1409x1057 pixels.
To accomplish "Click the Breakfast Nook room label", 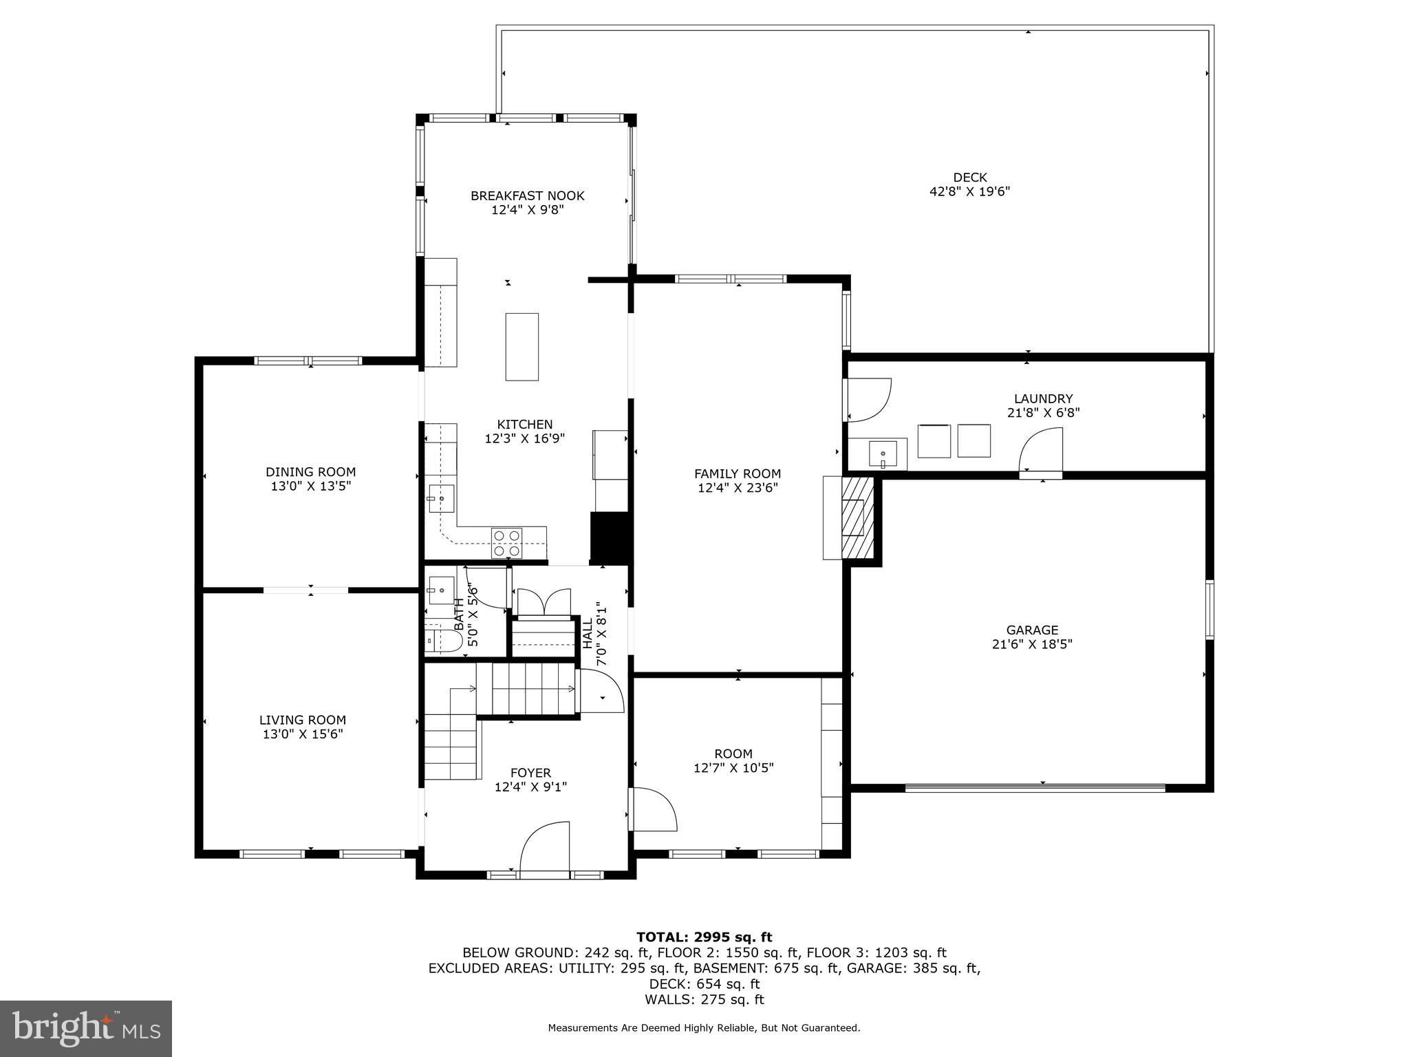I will [527, 196].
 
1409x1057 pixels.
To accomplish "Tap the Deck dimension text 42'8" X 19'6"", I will [969, 192].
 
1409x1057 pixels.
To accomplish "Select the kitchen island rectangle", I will [521, 347].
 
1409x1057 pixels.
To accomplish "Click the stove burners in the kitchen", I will [506, 542].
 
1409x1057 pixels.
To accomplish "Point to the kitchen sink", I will [440, 498].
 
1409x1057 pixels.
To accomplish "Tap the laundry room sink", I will [883, 454].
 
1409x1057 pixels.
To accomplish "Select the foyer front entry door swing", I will [545, 849].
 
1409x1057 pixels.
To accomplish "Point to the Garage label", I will [1032, 630].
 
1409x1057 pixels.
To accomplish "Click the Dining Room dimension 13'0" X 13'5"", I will [311, 486].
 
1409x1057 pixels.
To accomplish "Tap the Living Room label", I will [303, 720].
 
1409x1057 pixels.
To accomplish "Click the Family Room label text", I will [738, 473].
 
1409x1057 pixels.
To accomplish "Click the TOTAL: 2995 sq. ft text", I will [704, 937].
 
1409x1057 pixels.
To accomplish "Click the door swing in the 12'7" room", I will [654, 811].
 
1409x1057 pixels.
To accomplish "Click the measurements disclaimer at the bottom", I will [704, 1027].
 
